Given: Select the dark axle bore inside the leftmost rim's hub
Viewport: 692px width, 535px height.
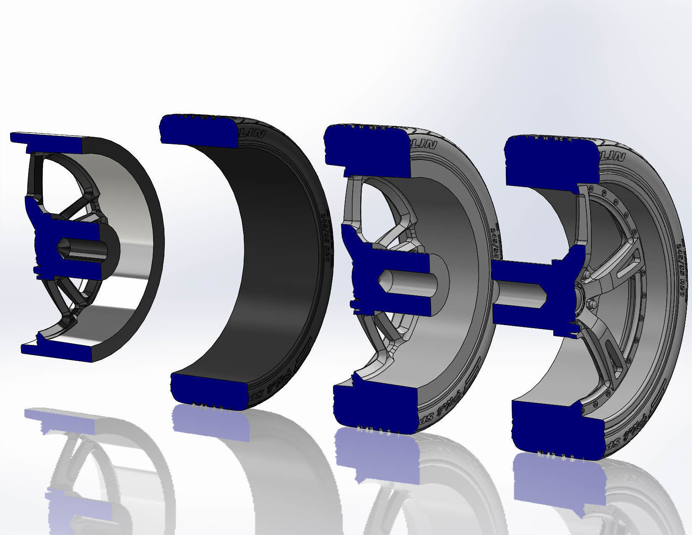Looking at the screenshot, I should click(x=82, y=250).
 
